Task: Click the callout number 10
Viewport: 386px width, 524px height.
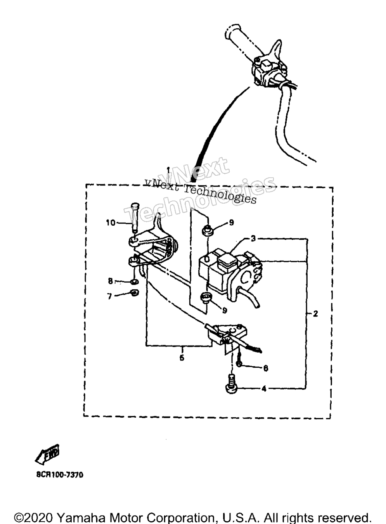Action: [x=111, y=223]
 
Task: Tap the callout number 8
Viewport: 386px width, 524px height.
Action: [x=111, y=281]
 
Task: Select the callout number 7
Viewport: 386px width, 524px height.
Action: [x=109, y=297]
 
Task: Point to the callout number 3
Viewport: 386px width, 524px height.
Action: [x=253, y=239]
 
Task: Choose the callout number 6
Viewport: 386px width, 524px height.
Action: [x=265, y=368]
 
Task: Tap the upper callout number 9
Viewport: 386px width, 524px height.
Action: [x=231, y=223]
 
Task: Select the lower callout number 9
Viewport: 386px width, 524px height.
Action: [x=224, y=310]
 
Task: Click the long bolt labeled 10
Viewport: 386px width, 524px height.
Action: [x=135, y=218]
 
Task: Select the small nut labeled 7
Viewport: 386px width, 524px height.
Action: [x=134, y=292]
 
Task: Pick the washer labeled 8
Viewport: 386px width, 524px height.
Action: [x=134, y=282]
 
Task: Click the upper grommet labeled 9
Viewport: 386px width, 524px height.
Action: [x=207, y=230]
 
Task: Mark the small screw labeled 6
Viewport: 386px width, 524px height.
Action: [x=239, y=361]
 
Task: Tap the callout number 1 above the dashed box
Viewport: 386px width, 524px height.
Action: [x=168, y=169]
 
